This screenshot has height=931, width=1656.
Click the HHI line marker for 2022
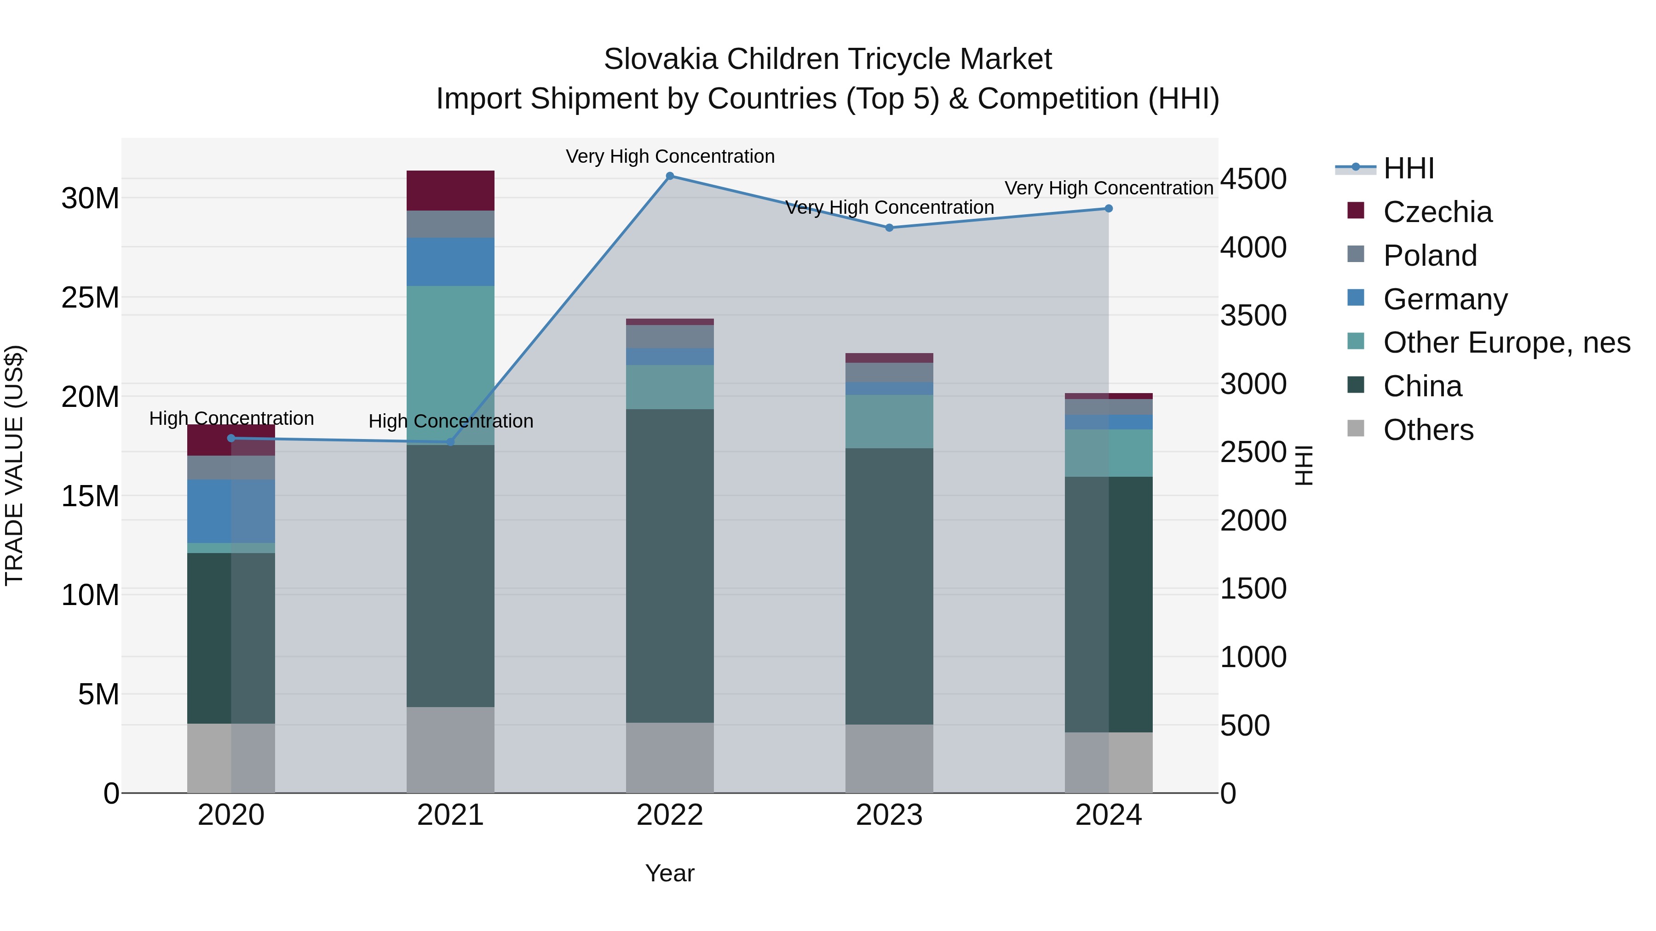click(669, 176)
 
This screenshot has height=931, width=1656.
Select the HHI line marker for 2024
click(1108, 209)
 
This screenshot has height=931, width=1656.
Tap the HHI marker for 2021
click(450, 442)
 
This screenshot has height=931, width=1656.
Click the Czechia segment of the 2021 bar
click(450, 191)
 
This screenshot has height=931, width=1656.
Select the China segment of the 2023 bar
click(889, 586)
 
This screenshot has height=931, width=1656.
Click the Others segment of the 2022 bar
click(669, 758)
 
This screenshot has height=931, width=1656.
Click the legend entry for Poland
click(1430, 256)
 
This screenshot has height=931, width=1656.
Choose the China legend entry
click(1422, 387)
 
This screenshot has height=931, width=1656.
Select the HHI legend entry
click(1408, 168)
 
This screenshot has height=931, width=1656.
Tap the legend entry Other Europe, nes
click(1506, 343)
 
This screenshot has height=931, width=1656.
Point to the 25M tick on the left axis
click(90, 297)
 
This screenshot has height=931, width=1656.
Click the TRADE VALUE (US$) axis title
click(14, 465)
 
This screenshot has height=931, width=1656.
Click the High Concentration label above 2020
click(231, 418)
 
